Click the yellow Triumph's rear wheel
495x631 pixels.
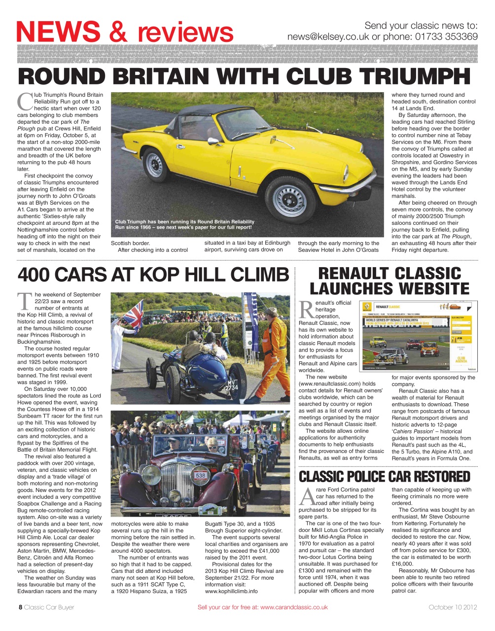click(x=155, y=165)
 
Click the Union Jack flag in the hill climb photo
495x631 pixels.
click(x=133, y=313)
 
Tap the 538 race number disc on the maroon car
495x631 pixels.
click(x=201, y=476)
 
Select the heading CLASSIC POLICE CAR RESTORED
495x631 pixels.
click(x=385, y=476)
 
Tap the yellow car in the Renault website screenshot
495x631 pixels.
click(x=377, y=341)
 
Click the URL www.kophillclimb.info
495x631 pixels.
click(x=231, y=591)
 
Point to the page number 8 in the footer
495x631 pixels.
click(x=20, y=607)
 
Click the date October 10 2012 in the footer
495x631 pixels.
click(x=453, y=607)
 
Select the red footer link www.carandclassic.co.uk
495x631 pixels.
click(x=294, y=607)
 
